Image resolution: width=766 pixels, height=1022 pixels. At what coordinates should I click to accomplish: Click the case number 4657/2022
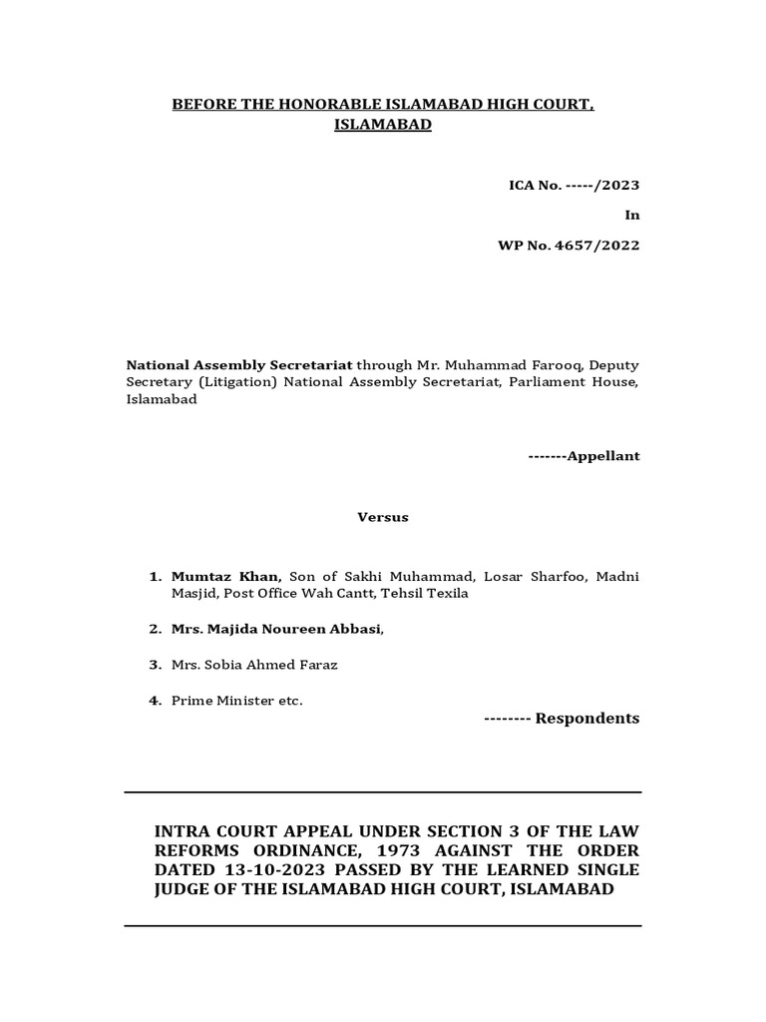point(601,245)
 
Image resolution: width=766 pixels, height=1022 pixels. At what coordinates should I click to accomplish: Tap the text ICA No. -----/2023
point(574,186)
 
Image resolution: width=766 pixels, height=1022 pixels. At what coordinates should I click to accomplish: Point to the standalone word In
point(632,215)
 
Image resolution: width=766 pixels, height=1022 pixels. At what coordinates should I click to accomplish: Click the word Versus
point(383,517)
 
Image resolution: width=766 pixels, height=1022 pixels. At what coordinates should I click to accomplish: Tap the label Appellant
point(603,456)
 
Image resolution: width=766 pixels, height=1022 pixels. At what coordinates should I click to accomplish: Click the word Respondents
point(587,719)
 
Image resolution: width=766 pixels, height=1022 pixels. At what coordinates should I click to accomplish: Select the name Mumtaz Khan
point(225,576)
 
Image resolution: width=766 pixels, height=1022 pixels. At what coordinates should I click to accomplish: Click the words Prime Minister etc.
point(236,701)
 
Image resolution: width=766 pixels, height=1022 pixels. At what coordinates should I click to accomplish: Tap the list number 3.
point(155,665)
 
